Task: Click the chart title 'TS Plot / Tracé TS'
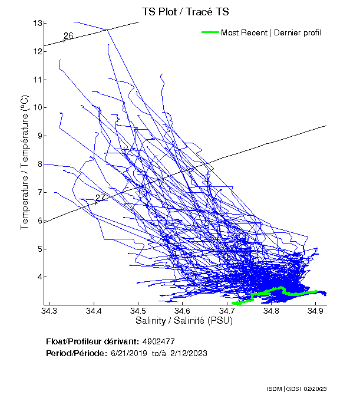pos(186,12)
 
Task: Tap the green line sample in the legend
pos(210,32)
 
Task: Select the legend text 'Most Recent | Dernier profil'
pos(271,32)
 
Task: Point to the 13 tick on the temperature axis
pos(38,23)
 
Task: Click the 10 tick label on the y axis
pos(38,107)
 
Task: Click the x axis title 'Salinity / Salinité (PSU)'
pos(184,321)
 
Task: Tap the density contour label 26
pos(68,36)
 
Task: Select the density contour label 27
pos(100,198)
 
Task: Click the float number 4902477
pos(158,341)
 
